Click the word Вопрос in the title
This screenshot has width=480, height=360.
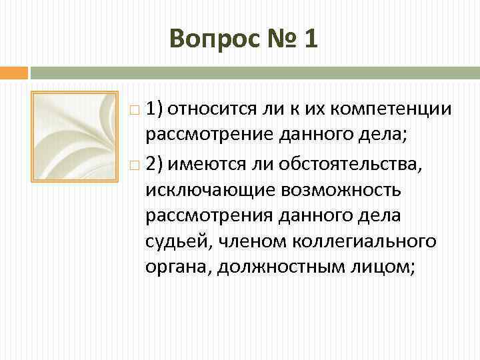pyautogui.click(x=209, y=39)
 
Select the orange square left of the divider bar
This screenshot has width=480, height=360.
pyautogui.click(x=13, y=72)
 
